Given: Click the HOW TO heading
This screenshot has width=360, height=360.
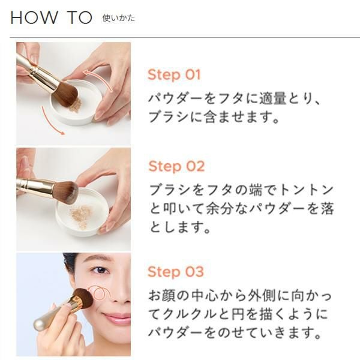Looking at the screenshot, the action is (x=51, y=17).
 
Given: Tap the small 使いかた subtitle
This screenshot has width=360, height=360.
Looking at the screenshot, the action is (x=118, y=18).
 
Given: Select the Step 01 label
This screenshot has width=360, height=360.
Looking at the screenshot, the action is (x=174, y=74).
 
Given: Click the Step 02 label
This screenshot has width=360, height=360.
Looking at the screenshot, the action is (x=176, y=166).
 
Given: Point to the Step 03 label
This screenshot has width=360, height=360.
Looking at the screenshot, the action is (x=176, y=272).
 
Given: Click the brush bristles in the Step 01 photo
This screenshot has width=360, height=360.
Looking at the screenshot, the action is (x=65, y=94).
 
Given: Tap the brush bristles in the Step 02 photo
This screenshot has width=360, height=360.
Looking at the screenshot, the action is (x=67, y=191).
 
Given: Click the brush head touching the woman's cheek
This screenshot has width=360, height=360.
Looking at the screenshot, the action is (x=84, y=298).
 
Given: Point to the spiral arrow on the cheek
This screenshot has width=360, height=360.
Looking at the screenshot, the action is (x=100, y=293).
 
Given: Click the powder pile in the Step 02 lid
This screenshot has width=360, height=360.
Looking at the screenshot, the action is (x=81, y=216).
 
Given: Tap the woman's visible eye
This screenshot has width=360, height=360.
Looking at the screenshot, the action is (x=101, y=270).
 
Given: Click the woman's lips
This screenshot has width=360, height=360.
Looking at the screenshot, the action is (x=118, y=319).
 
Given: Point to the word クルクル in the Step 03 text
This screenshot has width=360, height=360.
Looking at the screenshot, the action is (x=188, y=314).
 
